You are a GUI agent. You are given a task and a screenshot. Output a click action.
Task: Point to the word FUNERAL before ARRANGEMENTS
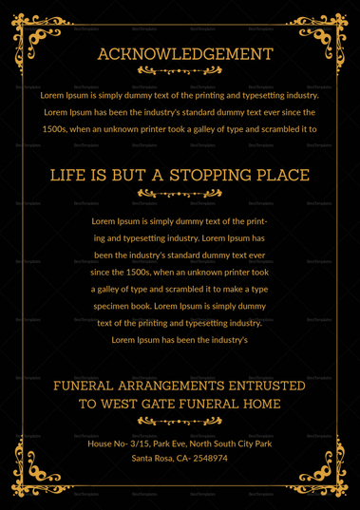tap(87, 386)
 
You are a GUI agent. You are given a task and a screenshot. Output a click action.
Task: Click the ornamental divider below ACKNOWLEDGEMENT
tap(180, 71)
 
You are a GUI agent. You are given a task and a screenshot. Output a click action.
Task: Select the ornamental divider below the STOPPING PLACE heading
tap(180, 193)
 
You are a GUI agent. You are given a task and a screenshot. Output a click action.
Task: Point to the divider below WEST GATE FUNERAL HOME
tap(180, 421)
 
